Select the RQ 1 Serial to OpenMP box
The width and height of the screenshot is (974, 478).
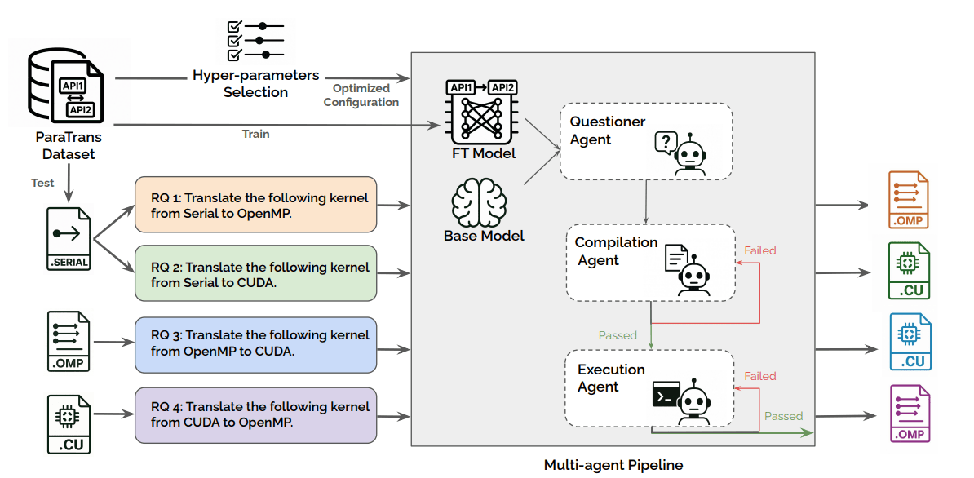tap(255, 206)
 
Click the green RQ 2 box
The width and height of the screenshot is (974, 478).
tap(255, 275)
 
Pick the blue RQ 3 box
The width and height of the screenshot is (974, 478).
tap(255, 343)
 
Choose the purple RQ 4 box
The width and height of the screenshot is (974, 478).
tap(255, 414)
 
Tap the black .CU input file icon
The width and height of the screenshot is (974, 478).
tap(69, 422)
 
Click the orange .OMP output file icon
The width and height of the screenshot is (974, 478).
tap(910, 200)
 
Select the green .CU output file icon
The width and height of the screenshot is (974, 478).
tap(910, 271)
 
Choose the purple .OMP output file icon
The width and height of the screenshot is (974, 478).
tap(910, 414)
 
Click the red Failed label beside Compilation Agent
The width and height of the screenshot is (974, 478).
tap(759, 250)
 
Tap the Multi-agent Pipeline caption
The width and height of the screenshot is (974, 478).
tap(613, 465)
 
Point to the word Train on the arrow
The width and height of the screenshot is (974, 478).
tap(255, 134)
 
